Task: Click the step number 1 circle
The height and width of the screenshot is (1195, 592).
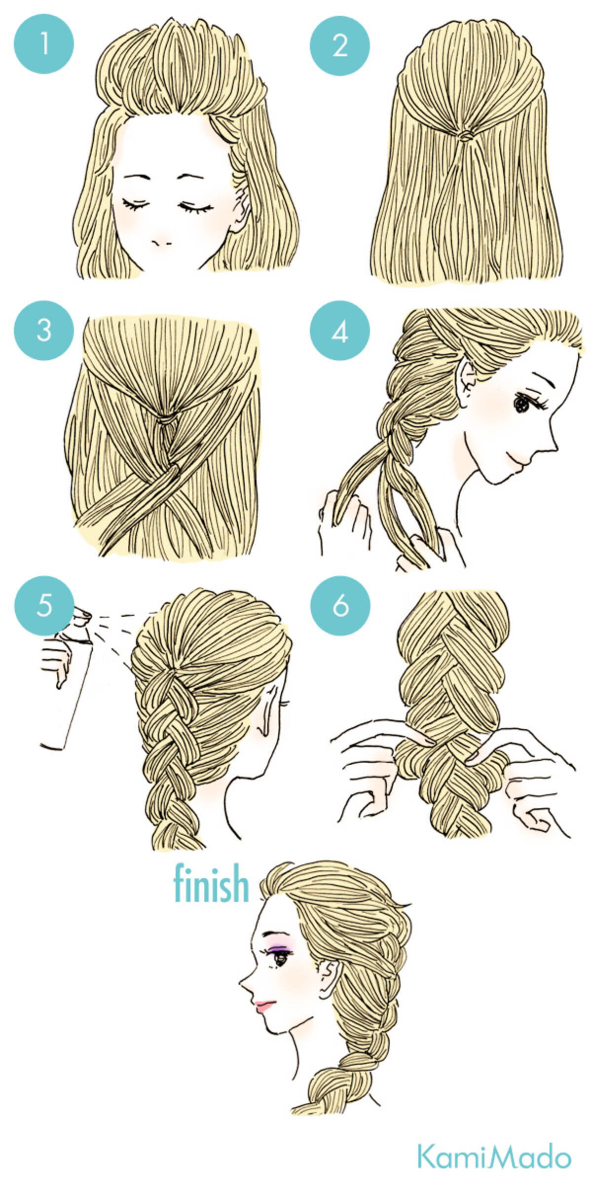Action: pos(44,44)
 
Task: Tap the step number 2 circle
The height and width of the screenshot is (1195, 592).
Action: pos(340,45)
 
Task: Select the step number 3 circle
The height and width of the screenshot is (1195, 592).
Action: pos(44,330)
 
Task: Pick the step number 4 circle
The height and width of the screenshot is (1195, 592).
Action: pos(340,331)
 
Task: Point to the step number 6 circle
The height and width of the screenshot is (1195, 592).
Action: pos(340,606)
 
